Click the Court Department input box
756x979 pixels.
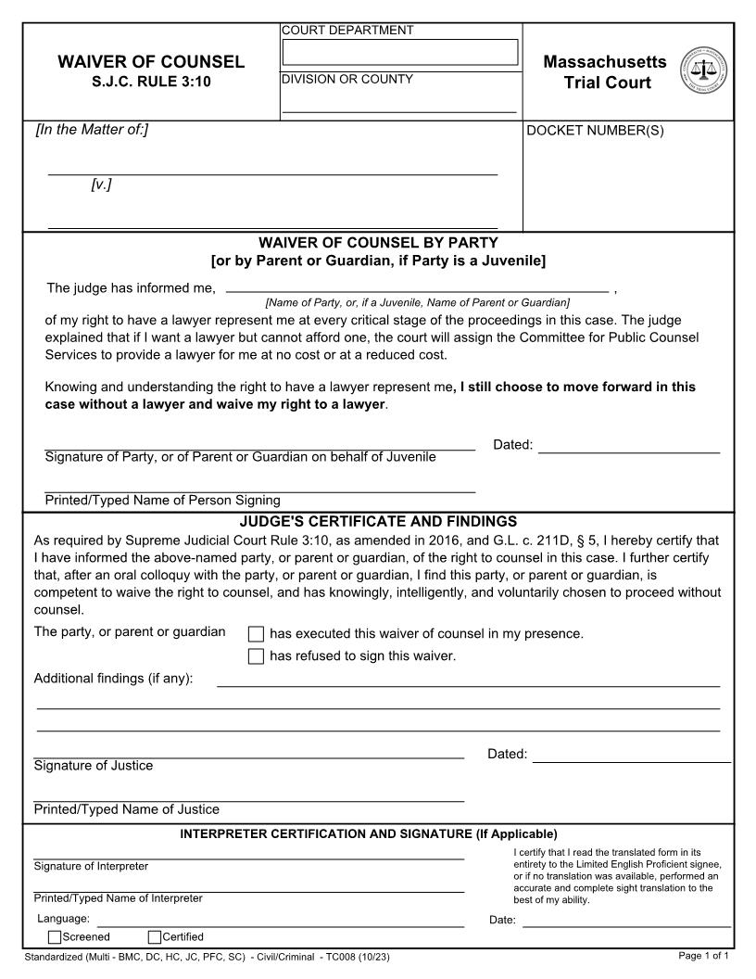click(x=400, y=52)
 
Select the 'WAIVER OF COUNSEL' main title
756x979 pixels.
click(x=151, y=62)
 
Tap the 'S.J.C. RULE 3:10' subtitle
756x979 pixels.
click(x=151, y=82)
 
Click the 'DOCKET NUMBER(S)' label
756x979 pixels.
click(x=595, y=131)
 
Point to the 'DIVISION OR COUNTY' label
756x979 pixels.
click(x=347, y=79)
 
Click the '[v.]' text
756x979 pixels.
click(x=101, y=184)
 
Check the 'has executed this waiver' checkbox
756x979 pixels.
click(x=257, y=635)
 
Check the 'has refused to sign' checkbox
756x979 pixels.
click(x=257, y=657)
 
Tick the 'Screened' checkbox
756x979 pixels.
click(x=55, y=936)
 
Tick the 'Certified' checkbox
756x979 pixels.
click(x=155, y=936)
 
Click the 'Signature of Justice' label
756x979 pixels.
click(x=94, y=766)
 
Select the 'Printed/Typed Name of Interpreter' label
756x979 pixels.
click(x=118, y=898)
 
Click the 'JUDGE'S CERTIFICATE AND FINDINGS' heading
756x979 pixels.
click(x=378, y=522)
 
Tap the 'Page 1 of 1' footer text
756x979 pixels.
click(x=704, y=956)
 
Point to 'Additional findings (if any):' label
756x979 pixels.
click(x=113, y=679)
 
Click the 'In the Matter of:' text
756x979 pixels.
click(x=92, y=130)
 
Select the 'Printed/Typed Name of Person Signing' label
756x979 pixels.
click(x=162, y=501)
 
